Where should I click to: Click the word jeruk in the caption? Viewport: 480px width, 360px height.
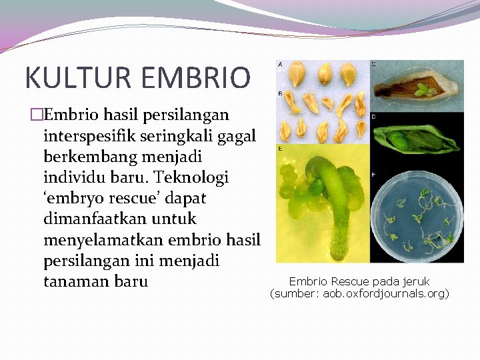pos(415,281)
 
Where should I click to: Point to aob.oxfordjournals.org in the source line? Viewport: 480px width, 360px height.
pos(385,293)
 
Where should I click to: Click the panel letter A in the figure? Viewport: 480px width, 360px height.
pos(280,64)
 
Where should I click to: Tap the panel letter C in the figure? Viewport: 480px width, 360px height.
pos(373,64)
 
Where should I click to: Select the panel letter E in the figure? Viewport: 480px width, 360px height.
pos(280,148)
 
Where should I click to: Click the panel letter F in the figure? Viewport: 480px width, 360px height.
pos(373,175)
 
